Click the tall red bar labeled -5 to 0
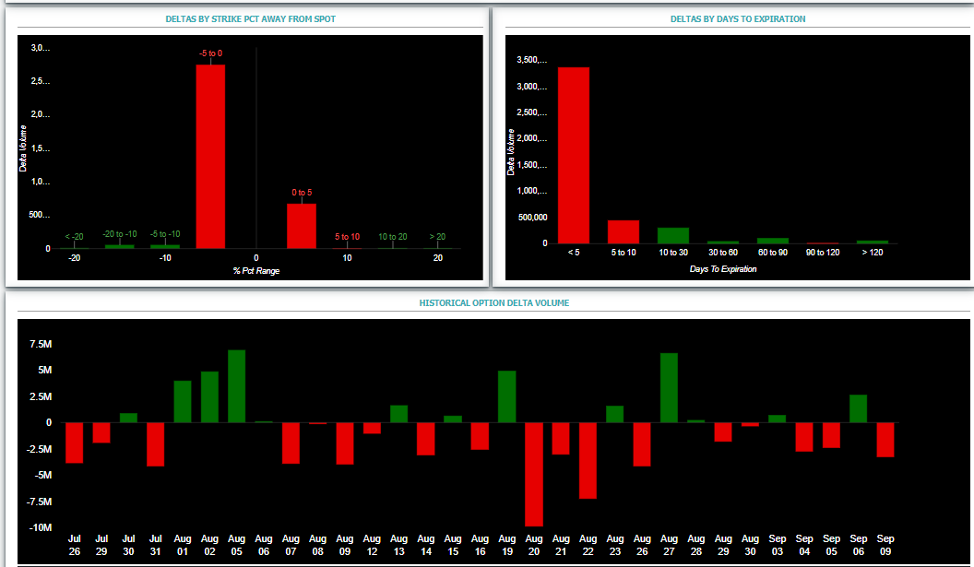210,156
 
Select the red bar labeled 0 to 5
301,226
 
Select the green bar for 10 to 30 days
672,235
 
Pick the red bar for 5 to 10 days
623,231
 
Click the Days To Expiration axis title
722,269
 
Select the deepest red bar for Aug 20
533,474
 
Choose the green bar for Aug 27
669,388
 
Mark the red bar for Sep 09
885,440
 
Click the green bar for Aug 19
506,396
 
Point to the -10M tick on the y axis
41,527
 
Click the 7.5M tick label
41,344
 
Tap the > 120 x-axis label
872,253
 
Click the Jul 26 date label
75,544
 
